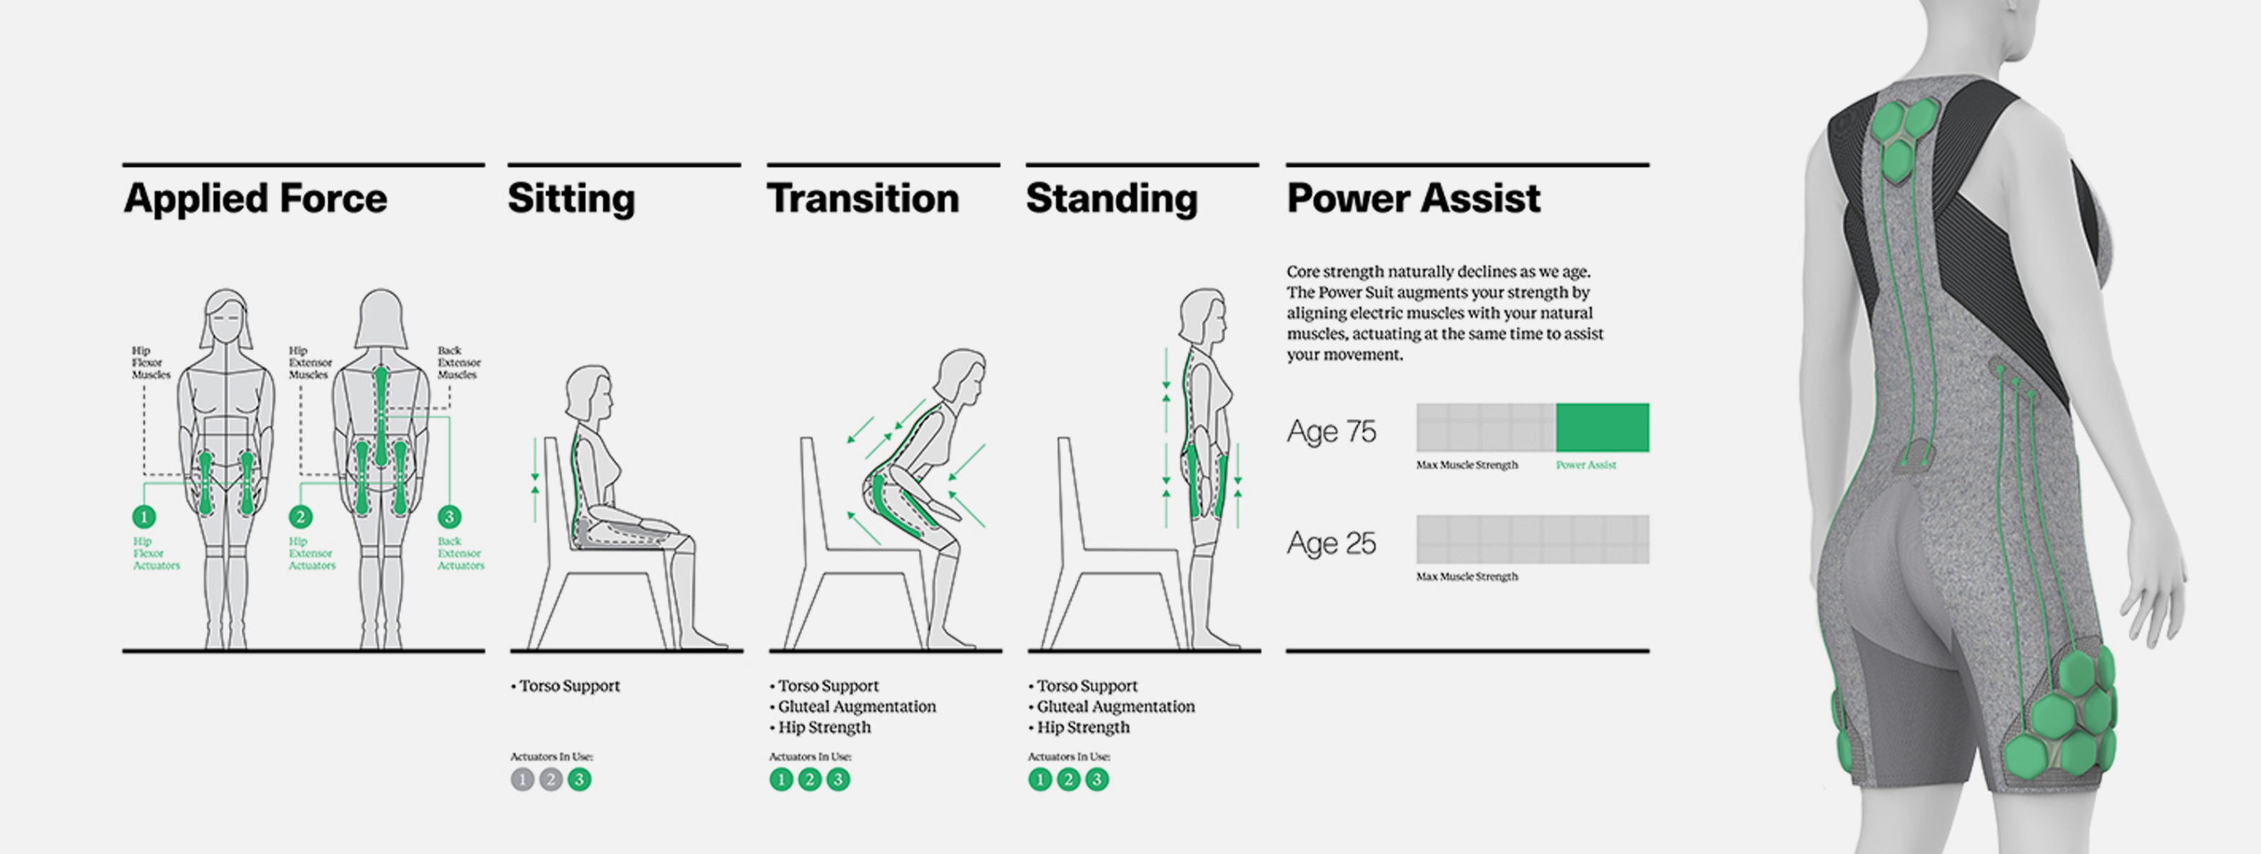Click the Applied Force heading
click(255, 198)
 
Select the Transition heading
click(863, 198)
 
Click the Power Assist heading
click(1414, 198)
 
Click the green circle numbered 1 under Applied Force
click(144, 517)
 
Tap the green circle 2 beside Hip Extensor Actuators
click(300, 517)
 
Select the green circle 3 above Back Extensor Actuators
click(449, 517)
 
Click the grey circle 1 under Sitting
click(522, 779)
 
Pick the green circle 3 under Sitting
click(579, 779)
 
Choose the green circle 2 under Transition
click(809, 779)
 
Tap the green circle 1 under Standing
click(1040, 779)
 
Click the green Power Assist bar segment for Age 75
click(1602, 427)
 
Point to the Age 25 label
click(1331, 543)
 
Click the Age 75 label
click(1331, 431)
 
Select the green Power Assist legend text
click(1586, 465)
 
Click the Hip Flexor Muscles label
click(151, 362)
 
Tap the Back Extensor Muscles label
click(459, 362)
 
